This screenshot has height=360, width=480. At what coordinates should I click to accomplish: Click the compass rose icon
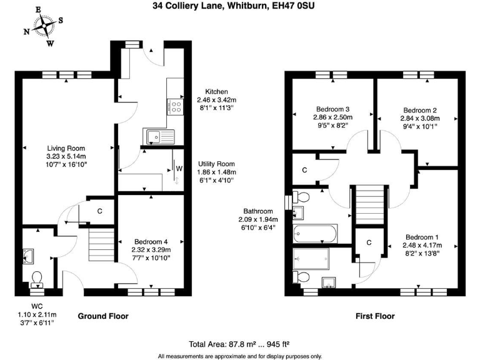(x=44, y=26)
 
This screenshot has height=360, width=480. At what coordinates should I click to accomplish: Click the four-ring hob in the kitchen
(x=174, y=106)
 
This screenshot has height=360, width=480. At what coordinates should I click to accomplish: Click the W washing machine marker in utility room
(x=179, y=168)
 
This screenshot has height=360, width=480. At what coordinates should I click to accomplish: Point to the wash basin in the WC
(x=29, y=255)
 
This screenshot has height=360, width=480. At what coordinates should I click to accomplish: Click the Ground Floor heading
(x=102, y=316)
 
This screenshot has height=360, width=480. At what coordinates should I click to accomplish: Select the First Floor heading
(x=375, y=316)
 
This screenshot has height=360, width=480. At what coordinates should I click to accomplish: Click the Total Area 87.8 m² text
(x=239, y=344)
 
